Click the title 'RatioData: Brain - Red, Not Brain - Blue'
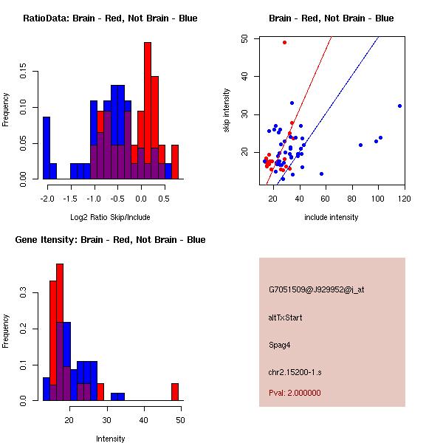tap(110, 18)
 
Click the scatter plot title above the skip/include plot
tap(331, 18)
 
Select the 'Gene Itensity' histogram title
tap(110, 240)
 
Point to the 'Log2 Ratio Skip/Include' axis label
tap(110, 217)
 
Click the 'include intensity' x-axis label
tap(331, 217)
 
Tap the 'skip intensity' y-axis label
tap(227, 111)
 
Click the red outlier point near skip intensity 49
tap(284, 42)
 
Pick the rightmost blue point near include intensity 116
tap(399, 106)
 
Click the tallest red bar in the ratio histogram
tap(148, 111)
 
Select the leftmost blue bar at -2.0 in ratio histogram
tap(47, 148)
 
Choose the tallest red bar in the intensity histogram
tap(60, 332)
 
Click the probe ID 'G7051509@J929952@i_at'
tap(316, 289)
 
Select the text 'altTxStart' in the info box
tap(286, 317)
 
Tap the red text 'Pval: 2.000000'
tap(295, 393)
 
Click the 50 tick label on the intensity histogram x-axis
tap(180, 420)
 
